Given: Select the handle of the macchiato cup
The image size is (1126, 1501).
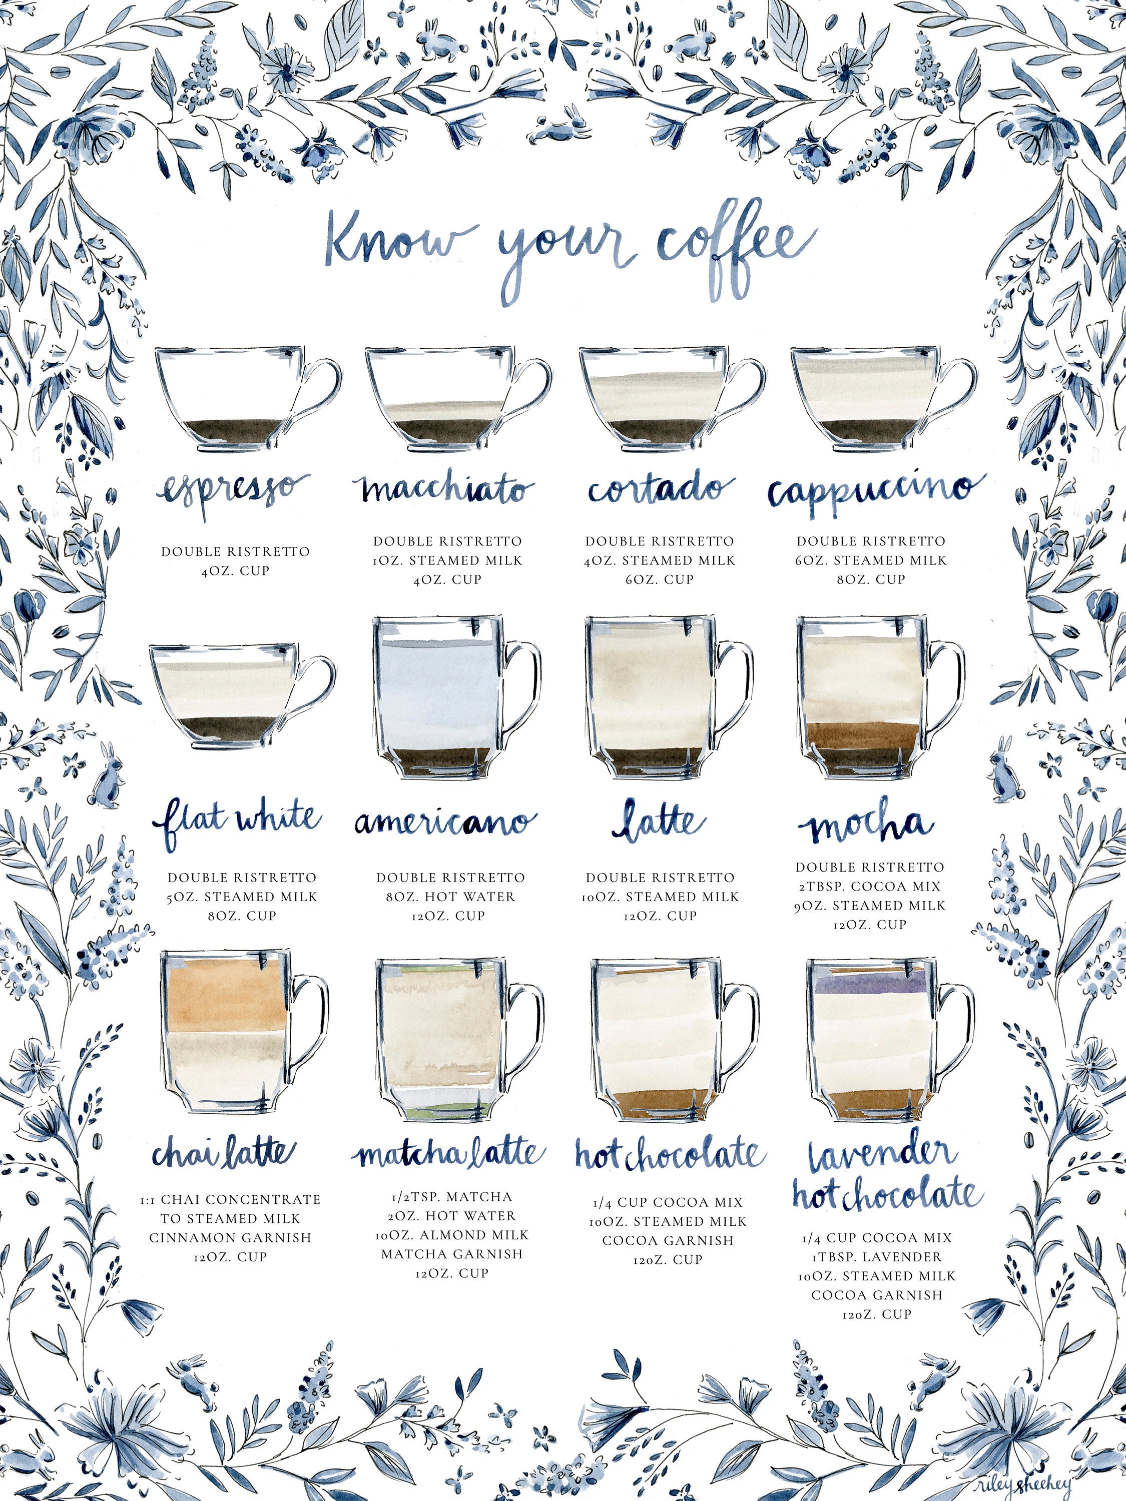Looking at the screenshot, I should (x=529, y=394).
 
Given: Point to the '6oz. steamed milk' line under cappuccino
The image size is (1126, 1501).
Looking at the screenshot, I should (x=871, y=560).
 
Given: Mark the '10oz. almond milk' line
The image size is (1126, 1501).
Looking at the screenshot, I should (x=451, y=1234).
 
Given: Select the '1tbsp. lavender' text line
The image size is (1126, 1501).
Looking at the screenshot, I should (x=876, y=1257).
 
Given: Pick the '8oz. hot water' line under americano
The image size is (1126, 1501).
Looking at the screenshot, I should (x=450, y=897).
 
